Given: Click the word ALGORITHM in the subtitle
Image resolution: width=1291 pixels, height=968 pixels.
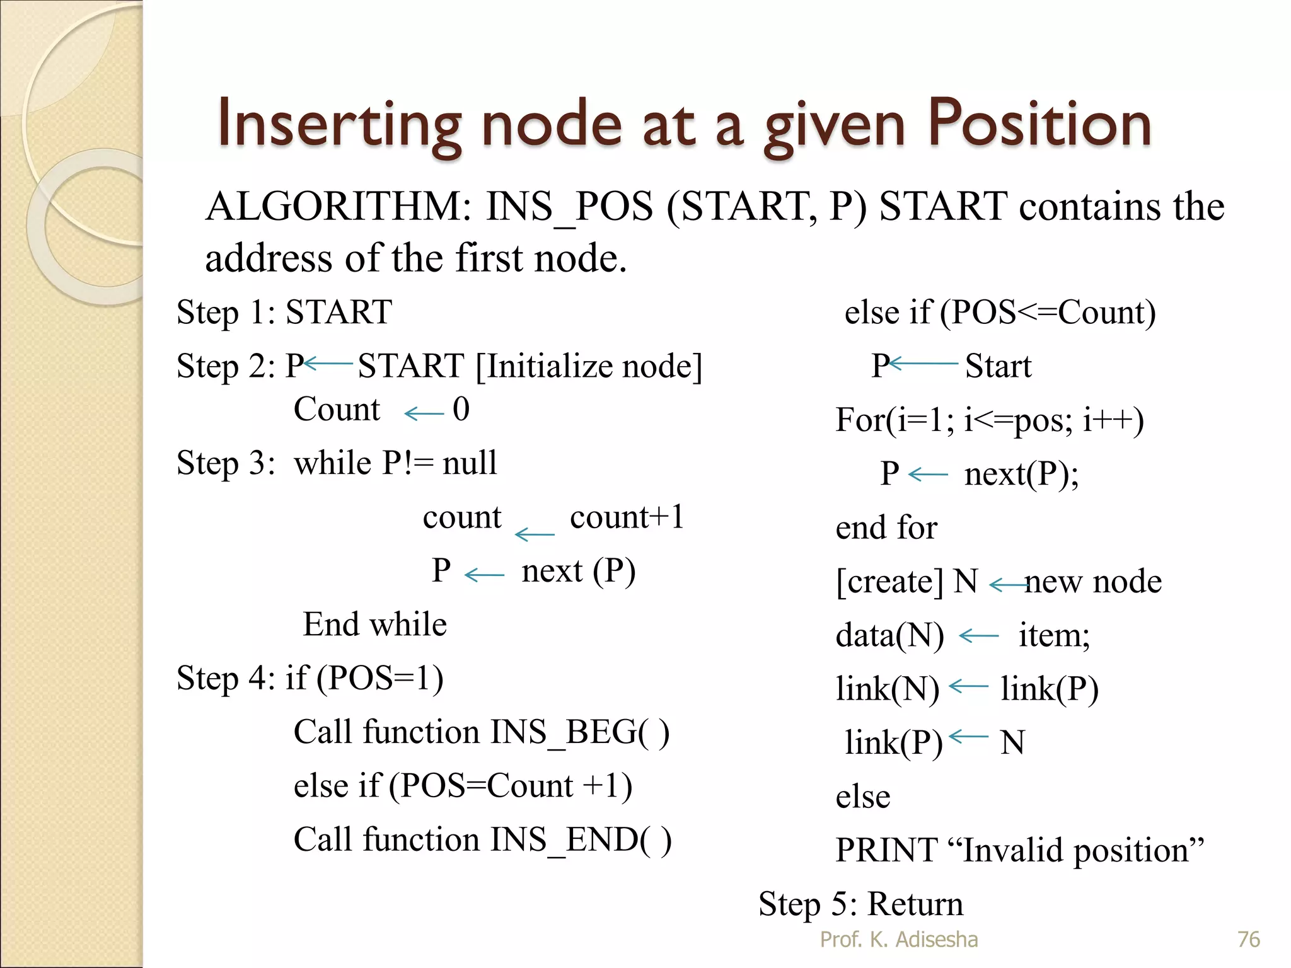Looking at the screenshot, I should [x=339, y=207].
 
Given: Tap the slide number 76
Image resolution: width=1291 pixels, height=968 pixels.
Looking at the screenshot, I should [x=1248, y=940].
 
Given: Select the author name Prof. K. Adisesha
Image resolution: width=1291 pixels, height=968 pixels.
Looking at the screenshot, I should [x=899, y=940].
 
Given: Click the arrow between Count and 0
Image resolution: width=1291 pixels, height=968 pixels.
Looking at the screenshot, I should [x=424, y=413].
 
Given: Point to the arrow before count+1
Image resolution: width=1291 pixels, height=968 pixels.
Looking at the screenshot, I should [x=535, y=534].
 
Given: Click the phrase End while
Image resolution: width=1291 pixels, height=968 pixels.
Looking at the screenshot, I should [x=375, y=625].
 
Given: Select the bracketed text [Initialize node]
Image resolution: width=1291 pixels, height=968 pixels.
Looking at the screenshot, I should [x=589, y=366].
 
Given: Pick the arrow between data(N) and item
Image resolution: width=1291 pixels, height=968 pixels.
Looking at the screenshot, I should [x=979, y=637].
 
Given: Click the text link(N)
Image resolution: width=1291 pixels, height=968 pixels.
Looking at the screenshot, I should [x=887, y=689].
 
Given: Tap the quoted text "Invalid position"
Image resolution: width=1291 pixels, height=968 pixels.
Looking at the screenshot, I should [x=1082, y=850].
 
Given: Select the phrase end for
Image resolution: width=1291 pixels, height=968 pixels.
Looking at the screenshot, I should [x=886, y=527].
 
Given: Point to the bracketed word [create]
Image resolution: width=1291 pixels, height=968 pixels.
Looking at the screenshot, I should [x=889, y=582].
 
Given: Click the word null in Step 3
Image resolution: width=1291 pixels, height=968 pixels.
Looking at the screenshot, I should [x=470, y=463].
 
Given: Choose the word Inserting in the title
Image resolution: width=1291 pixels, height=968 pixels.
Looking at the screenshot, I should [x=340, y=125].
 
